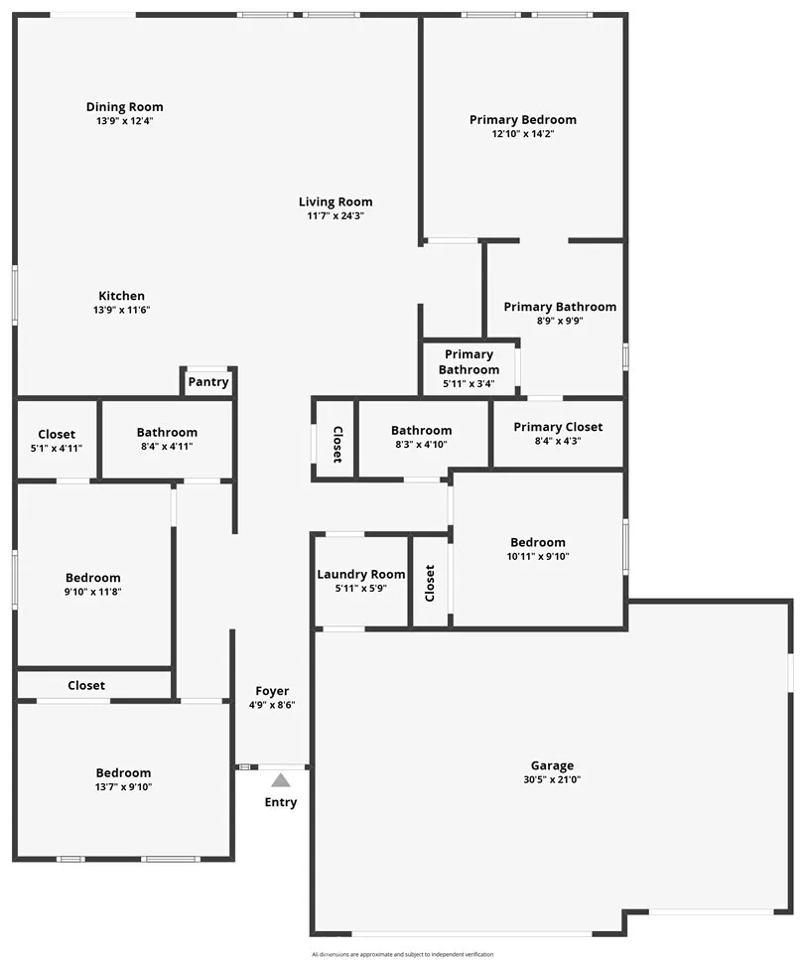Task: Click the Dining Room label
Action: click(124, 107)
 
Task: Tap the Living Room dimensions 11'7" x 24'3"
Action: click(335, 215)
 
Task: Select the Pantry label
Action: click(208, 382)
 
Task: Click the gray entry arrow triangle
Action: click(281, 780)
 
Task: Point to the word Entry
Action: click(281, 802)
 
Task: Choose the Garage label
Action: click(552, 765)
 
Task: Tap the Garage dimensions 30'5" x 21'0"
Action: click(552, 780)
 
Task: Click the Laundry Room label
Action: click(361, 575)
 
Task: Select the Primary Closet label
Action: click(558, 427)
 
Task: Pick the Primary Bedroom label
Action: click(523, 120)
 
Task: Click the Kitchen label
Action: click(122, 296)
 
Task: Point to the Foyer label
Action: click(272, 691)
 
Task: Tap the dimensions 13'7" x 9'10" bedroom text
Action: click(124, 787)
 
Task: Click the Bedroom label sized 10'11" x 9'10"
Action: click(538, 542)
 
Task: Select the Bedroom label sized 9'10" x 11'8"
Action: click(93, 578)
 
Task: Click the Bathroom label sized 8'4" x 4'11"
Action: click(167, 432)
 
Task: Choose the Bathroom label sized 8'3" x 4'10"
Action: click(421, 430)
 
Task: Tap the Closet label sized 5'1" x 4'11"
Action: click(57, 434)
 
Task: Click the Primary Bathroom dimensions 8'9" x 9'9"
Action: click(560, 322)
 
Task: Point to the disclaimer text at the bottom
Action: click(402, 954)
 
